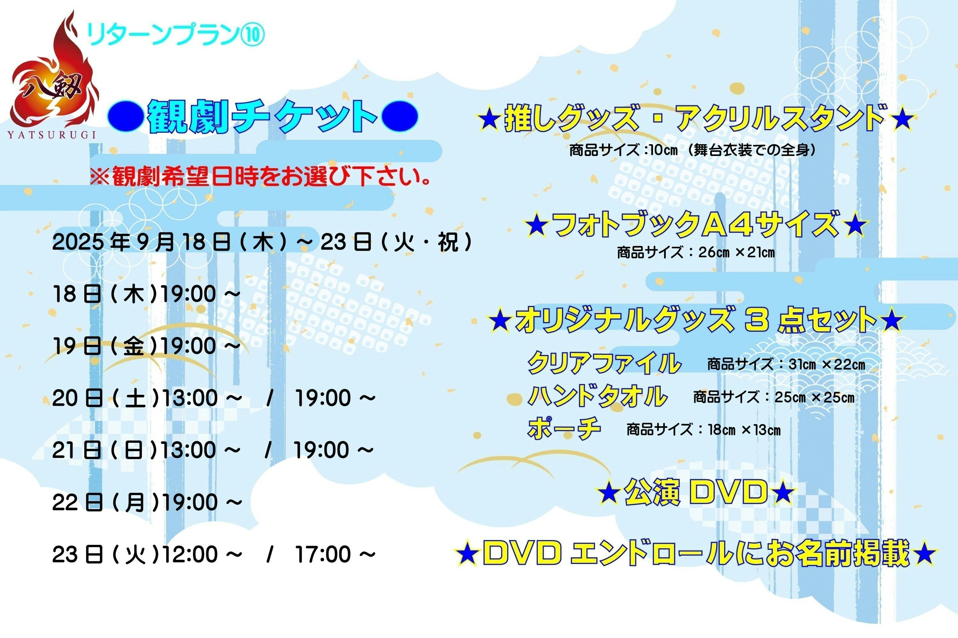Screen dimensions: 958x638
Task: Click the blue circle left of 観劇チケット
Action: [126, 116]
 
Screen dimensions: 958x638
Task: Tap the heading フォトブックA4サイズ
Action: [696, 224]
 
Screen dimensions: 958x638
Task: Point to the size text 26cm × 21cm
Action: [736, 252]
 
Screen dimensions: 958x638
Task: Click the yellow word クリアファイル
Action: [604, 363]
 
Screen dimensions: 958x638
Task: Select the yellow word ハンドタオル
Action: [598, 396]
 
